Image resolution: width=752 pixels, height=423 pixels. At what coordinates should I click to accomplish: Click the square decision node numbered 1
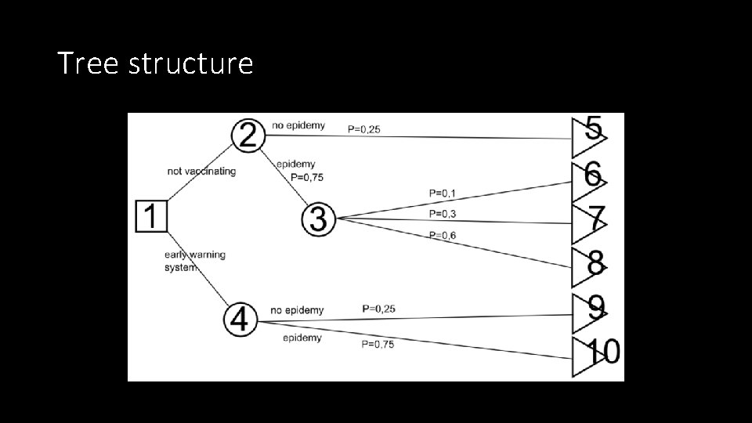[152, 215]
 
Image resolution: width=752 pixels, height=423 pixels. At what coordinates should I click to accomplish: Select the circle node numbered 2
[248, 136]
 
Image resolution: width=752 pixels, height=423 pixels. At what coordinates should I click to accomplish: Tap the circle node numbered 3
[318, 219]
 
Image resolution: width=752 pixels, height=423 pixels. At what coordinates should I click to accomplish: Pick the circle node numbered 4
[240, 319]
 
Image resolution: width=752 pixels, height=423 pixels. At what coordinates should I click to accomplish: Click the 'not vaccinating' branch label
[201, 171]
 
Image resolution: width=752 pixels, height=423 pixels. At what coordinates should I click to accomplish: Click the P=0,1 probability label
[443, 192]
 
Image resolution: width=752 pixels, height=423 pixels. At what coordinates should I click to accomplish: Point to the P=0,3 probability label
[443, 213]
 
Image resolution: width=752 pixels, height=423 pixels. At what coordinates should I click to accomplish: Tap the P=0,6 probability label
[443, 235]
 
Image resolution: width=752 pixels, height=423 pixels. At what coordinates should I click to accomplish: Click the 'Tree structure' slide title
[155, 63]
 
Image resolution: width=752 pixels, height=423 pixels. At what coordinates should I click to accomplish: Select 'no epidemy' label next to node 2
[298, 125]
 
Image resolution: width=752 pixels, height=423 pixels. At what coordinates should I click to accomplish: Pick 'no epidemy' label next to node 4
[297, 310]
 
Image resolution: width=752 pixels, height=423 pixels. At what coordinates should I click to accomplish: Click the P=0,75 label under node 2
[308, 177]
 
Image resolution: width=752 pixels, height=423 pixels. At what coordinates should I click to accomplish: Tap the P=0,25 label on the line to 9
[378, 309]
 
